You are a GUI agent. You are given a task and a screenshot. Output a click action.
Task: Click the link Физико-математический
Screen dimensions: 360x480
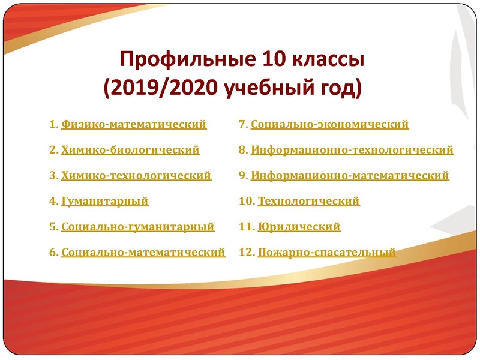134,125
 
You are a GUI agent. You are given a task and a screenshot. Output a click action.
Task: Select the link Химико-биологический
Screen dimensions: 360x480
130,150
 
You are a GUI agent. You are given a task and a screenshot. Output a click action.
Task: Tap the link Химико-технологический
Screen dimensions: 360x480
136,176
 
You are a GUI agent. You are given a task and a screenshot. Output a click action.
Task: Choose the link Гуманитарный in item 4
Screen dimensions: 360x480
104,202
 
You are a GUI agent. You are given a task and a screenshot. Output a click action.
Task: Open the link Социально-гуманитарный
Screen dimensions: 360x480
137,227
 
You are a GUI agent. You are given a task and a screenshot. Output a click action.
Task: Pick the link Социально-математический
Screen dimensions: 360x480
143,253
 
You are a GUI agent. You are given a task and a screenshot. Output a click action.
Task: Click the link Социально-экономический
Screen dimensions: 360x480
330,125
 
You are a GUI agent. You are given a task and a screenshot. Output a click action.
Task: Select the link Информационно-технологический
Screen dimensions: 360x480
352,150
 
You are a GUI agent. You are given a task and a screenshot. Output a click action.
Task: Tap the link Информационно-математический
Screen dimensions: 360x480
350,176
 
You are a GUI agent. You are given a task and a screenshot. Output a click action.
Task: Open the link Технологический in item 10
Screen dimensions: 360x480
308,202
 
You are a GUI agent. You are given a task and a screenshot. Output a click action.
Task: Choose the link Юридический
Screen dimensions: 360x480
299,227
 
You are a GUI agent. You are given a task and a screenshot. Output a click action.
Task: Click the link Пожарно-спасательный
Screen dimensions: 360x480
326,253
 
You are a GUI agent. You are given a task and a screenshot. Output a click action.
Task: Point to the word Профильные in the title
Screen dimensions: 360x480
188,60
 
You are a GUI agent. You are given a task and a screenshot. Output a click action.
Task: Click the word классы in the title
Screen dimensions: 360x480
329,60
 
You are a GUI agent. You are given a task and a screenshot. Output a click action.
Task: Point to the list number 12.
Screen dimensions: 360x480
246,253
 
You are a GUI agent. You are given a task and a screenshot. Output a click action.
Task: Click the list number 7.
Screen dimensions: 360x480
243,125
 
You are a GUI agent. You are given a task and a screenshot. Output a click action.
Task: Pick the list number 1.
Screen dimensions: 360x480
53,125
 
